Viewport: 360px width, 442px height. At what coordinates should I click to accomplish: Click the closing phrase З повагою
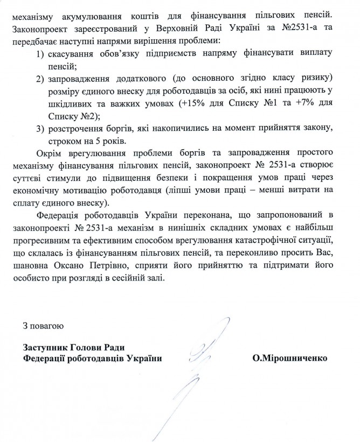click(x=44, y=326)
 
